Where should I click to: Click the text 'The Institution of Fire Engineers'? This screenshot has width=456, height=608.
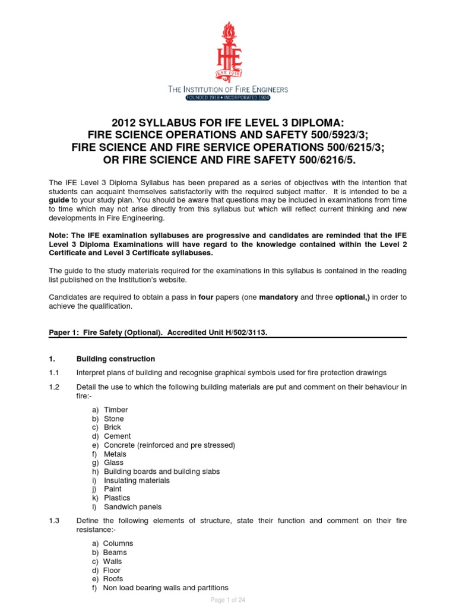[x=228, y=89]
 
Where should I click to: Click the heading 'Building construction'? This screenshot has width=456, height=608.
[x=116, y=359]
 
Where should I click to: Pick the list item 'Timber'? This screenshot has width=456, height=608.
[x=116, y=410]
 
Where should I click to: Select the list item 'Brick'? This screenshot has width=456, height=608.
[x=112, y=427]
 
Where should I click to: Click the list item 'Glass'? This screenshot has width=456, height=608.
[x=113, y=463]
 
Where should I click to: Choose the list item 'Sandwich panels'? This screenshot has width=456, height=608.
[x=132, y=507]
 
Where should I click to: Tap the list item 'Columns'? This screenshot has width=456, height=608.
[x=118, y=543]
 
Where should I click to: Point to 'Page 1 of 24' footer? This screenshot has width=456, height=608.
[x=228, y=600]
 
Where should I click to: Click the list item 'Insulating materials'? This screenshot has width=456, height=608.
[x=137, y=480]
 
